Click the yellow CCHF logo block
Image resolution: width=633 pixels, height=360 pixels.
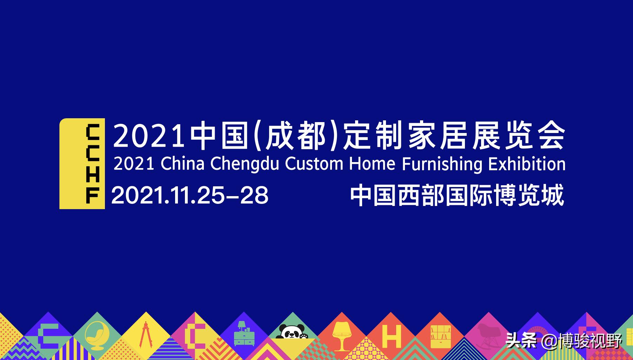pos(82,164)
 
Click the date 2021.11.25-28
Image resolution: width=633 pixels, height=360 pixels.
pos(190,195)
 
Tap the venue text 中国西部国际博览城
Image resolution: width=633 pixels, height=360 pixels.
pos(457,195)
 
